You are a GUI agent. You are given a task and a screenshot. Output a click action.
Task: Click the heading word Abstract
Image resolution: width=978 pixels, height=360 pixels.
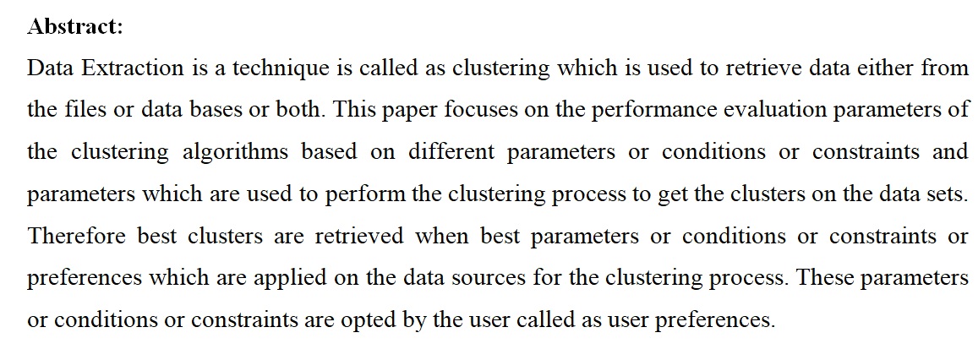[75, 27]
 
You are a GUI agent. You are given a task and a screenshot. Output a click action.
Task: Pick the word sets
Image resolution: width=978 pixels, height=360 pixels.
[947, 194]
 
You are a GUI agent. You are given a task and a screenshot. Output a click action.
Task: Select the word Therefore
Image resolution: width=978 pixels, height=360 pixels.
[77, 237]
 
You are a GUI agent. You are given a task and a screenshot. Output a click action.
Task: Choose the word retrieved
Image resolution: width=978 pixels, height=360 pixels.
[360, 237]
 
